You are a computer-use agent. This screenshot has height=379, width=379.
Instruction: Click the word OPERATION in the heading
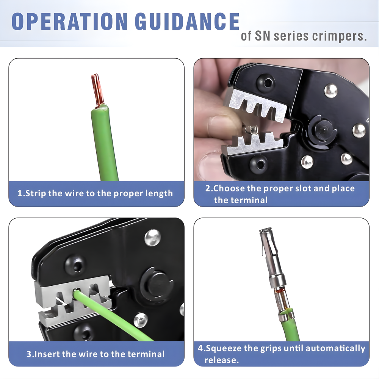[x=70, y=21]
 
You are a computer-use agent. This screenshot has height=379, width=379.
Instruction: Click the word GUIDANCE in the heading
[x=187, y=21]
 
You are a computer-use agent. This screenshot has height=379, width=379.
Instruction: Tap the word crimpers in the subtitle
[x=340, y=36]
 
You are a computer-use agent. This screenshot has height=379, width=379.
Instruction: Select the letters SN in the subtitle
[x=263, y=36]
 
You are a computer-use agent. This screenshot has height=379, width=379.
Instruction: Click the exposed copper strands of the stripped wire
[x=97, y=90]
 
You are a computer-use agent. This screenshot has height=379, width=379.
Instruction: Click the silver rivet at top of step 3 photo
[x=152, y=238]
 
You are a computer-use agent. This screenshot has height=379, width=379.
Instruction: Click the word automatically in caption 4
[x=335, y=348]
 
